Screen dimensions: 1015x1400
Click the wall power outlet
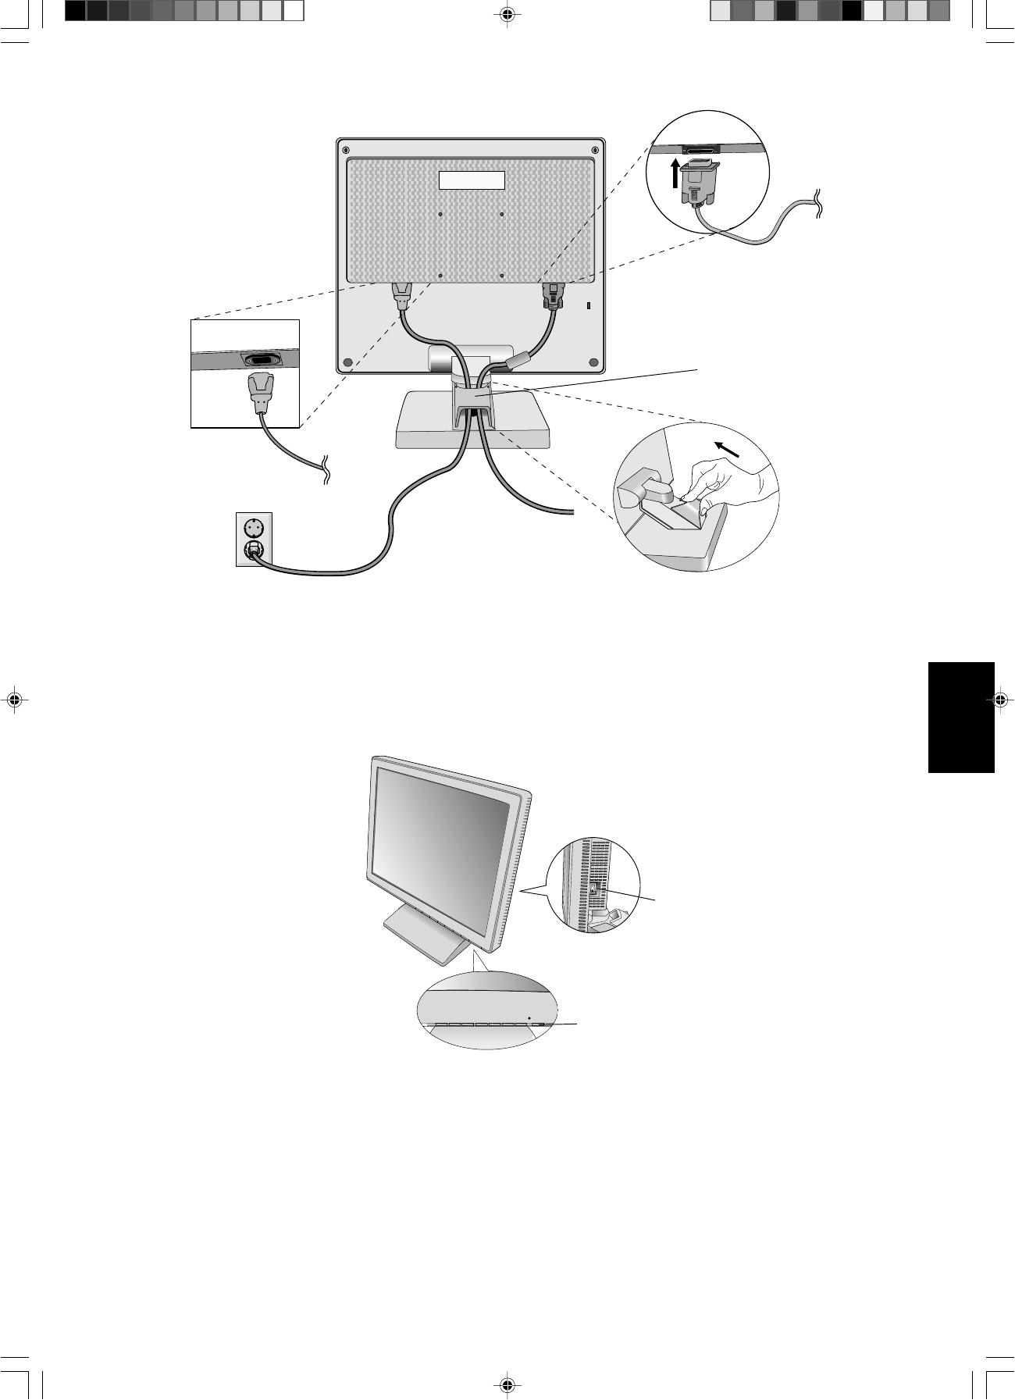pyautogui.click(x=253, y=539)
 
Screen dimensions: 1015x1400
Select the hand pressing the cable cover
pyautogui.click(x=725, y=484)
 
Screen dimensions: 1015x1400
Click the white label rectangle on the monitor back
pyautogui.click(x=472, y=180)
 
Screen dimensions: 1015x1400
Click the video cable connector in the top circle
pyautogui.click(x=699, y=182)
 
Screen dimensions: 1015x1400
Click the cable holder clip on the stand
pyautogui.click(x=472, y=399)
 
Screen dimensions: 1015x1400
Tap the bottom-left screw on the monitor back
pyautogui.click(x=347, y=362)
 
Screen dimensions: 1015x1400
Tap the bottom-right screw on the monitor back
pyautogui.click(x=593, y=362)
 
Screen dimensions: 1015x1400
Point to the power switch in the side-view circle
pyautogui.click(x=593, y=889)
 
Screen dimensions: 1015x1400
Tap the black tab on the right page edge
pyautogui.click(x=961, y=717)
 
